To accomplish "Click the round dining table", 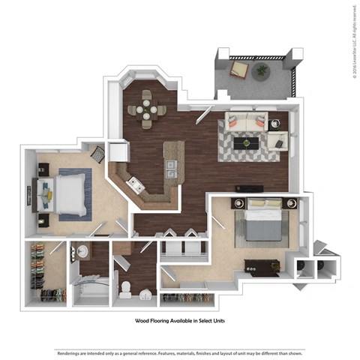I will tap(147, 109).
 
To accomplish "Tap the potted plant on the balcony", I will tap(262, 72).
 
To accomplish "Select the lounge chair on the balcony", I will tap(238, 70).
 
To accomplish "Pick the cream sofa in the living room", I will tap(245, 121).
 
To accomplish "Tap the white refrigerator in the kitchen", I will tap(119, 152).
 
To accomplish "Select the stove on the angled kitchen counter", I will tap(134, 183).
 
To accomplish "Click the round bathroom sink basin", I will tap(82, 252).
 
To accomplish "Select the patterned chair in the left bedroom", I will tap(98, 154).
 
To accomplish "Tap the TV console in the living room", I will tap(249, 187).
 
